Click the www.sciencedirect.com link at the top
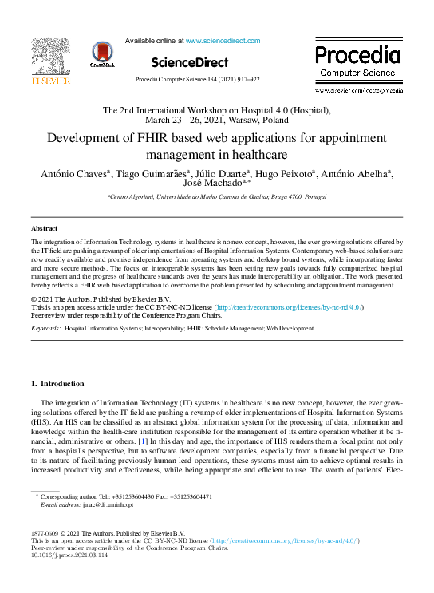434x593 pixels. click(223, 40)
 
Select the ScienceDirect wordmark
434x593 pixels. click(189, 62)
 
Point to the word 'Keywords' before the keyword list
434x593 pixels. click(45, 328)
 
